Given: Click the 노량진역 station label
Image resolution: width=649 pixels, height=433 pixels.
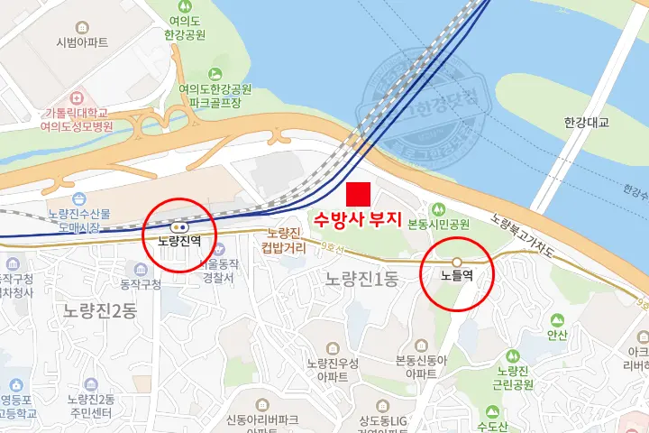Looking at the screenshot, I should [x=178, y=242].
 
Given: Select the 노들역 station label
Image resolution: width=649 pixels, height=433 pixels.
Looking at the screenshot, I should [x=457, y=277].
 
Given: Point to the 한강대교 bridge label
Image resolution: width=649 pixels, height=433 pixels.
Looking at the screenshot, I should [x=586, y=122].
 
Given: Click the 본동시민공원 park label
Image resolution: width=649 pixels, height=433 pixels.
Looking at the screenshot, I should [x=439, y=224].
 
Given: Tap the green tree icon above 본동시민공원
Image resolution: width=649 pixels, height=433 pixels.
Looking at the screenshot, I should [x=440, y=208].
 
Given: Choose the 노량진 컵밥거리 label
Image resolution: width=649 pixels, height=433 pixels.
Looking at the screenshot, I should [x=283, y=240].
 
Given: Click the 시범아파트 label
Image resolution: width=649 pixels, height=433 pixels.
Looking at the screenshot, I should [x=81, y=42].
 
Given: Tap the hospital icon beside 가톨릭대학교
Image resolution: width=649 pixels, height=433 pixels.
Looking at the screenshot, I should [x=76, y=96].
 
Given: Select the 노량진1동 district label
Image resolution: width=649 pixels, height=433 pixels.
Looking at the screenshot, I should [x=361, y=279].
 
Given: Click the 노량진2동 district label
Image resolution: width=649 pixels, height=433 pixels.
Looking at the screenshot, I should [x=100, y=310].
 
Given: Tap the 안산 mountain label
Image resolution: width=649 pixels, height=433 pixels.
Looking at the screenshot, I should [x=557, y=334].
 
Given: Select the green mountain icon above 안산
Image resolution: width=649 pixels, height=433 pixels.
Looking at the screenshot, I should [x=557, y=319].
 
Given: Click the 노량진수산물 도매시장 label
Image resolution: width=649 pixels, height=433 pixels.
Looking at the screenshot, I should [x=79, y=220].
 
